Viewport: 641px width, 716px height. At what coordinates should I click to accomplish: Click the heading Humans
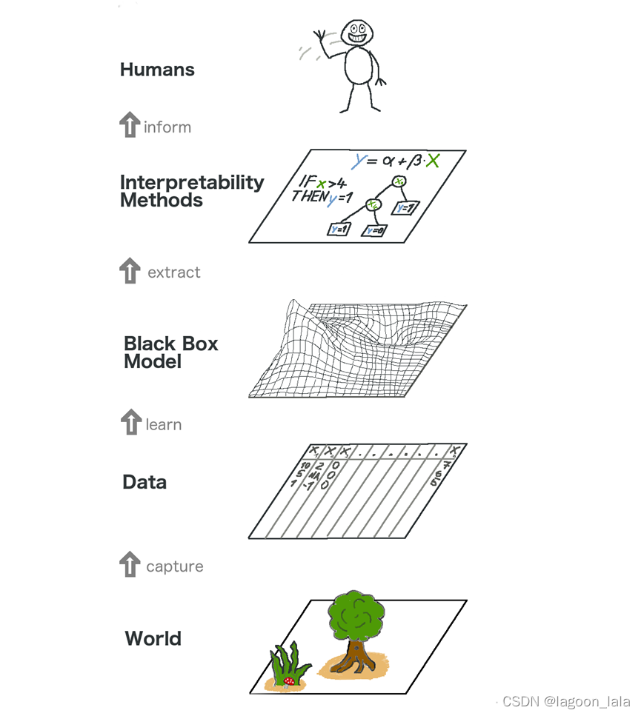(x=157, y=70)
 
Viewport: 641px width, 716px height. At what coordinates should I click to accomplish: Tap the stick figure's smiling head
(x=356, y=33)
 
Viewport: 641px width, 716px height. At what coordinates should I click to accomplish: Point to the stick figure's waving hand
(x=320, y=36)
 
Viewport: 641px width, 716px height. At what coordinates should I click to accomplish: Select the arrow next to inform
(x=130, y=125)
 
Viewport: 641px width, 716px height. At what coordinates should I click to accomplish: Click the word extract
(x=173, y=272)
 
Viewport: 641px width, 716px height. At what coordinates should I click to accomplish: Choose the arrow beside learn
(x=130, y=422)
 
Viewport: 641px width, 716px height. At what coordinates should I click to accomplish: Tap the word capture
(x=174, y=566)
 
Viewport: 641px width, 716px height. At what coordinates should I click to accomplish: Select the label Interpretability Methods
(x=191, y=191)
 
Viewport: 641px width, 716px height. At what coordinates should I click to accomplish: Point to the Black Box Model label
(x=170, y=352)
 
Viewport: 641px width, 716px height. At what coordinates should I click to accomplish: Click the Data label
(x=145, y=483)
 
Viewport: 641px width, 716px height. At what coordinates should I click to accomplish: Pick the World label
(x=153, y=638)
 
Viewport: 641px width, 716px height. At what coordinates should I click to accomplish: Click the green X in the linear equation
(x=433, y=161)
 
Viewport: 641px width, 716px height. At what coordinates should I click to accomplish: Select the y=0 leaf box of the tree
(x=373, y=230)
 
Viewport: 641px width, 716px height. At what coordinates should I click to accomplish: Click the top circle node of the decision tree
(x=399, y=181)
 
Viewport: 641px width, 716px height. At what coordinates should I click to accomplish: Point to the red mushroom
(x=289, y=679)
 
